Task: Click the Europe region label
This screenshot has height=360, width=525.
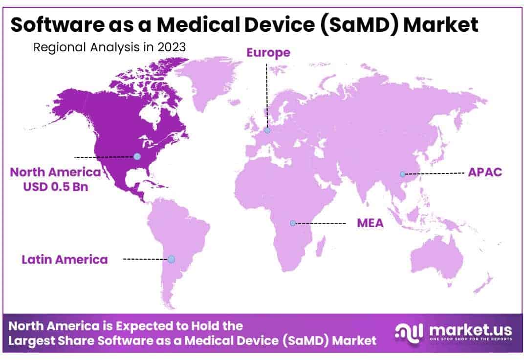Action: click(268, 52)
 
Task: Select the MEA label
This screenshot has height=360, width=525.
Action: click(370, 223)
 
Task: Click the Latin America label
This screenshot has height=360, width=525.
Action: click(65, 259)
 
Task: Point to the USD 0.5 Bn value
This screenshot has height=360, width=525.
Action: click(56, 186)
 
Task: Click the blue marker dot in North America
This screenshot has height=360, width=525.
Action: click(137, 156)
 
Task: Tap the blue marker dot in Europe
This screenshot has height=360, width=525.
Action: click(267, 130)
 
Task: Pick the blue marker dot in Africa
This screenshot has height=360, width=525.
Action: click(292, 223)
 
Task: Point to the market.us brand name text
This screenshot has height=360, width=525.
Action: click(470, 329)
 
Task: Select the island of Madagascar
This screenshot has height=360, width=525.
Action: click(320, 244)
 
